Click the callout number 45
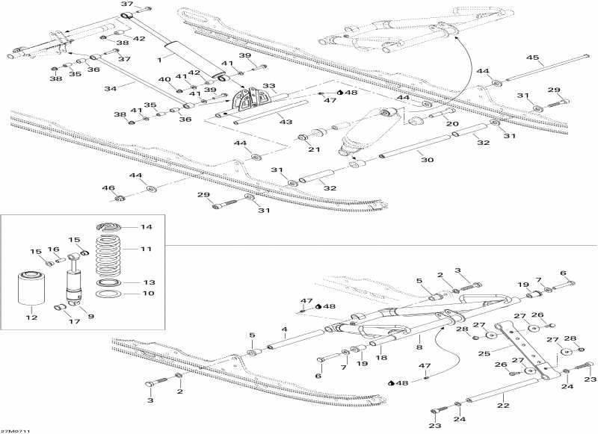[532, 58]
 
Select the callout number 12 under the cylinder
[31, 317]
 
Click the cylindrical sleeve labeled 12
[31, 288]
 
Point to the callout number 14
[146, 227]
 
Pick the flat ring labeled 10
[108, 294]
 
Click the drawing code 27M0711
[15, 431]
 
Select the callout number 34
[110, 89]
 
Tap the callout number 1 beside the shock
[159, 59]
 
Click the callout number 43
[286, 122]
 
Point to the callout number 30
[427, 160]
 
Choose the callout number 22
[503, 406]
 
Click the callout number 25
[484, 354]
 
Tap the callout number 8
[419, 347]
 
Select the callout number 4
[284, 329]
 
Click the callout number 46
[108, 187]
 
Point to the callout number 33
[269, 86]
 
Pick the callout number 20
[452, 124]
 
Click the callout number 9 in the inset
[90, 316]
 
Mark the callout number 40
[164, 79]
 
